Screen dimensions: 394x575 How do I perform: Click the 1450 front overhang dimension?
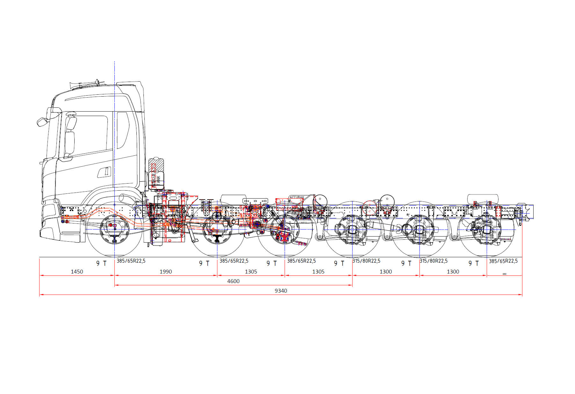[x=77, y=272]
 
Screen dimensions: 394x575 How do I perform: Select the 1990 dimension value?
[x=165, y=272]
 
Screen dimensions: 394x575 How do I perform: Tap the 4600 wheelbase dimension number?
[x=233, y=281]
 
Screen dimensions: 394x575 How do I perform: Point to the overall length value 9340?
[x=281, y=291]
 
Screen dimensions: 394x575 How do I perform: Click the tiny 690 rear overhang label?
[x=504, y=274]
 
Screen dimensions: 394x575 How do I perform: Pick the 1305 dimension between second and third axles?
[x=251, y=272]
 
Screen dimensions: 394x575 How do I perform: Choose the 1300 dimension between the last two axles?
[x=453, y=272]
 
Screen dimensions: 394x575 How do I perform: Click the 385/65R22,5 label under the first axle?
[x=131, y=261]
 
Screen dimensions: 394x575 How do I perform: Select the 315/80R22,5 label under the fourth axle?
[x=366, y=261]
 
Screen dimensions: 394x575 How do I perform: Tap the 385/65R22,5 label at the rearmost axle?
[x=503, y=261]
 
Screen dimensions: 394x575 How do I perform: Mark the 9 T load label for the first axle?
[x=101, y=263]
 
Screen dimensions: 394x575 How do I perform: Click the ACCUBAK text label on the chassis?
[x=296, y=198]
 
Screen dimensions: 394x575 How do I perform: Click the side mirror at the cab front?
[x=42, y=122]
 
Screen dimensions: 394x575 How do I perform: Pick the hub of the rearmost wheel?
[x=487, y=229]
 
